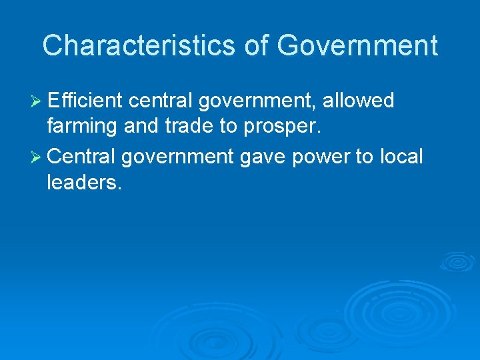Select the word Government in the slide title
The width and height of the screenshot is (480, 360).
point(357,45)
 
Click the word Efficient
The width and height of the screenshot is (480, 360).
point(85,101)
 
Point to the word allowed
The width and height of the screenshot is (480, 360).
point(359,101)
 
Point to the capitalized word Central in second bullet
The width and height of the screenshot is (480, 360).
point(82,156)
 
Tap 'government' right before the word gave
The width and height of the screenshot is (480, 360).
point(177,157)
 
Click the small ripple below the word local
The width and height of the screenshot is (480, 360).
point(456,261)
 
